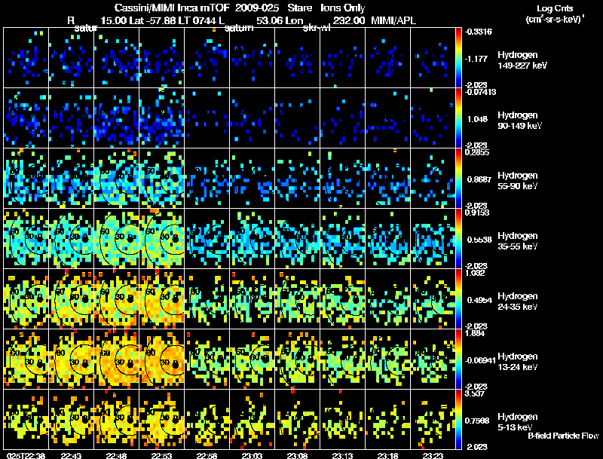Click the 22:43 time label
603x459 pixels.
coord(72,455)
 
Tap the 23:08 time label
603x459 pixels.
coord(298,455)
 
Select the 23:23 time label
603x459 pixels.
coord(434,455)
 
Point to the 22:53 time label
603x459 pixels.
coord(163,455)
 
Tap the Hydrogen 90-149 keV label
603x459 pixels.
coord(519,120)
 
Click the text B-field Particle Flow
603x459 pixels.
coord(562,436)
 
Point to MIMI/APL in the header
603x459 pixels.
coord(396,21)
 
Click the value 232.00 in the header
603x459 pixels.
coord(347,21)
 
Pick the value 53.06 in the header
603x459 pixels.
coord(270,21)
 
